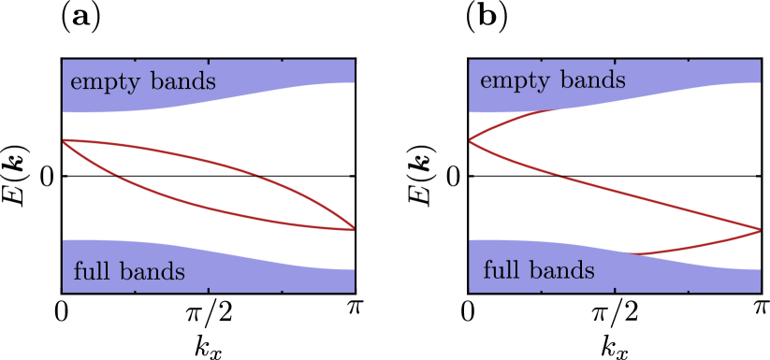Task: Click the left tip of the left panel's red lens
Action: point(64,140)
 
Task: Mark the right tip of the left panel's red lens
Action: point(354,228)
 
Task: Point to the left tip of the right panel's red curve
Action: point(470,140)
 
